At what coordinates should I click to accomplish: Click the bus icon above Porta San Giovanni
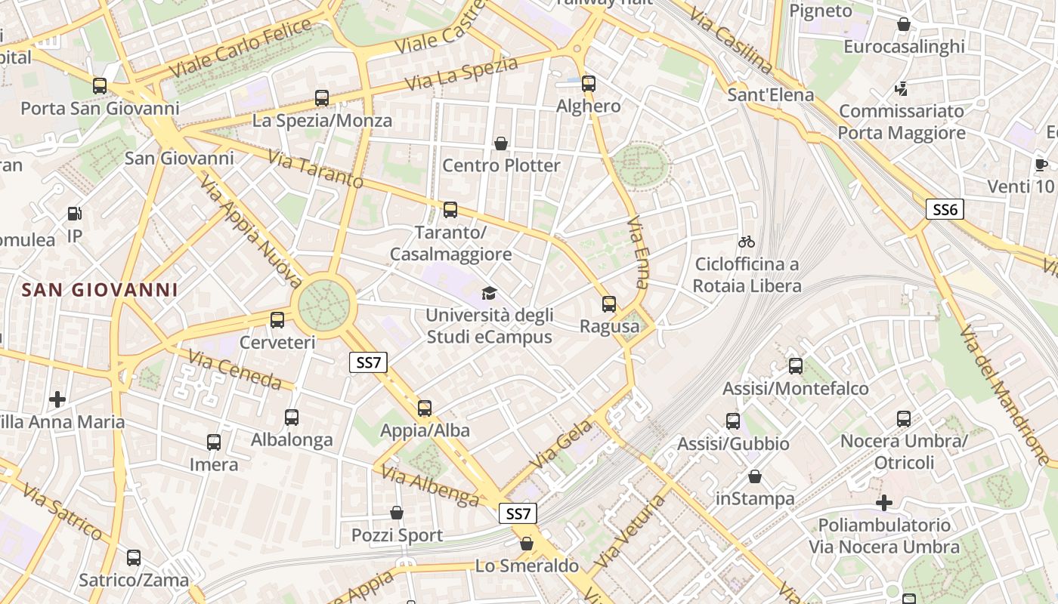100,86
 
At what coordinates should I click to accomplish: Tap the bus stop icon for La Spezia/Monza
322,98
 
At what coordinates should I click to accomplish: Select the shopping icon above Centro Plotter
500,143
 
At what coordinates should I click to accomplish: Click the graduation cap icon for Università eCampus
490,293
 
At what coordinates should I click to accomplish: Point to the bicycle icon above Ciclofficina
747,242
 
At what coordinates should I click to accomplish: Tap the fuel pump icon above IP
74,214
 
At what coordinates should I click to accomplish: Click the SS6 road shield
945,210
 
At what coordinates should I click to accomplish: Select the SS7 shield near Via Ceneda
369,362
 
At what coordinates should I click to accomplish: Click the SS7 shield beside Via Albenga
518,514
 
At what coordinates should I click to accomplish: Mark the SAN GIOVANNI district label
100,290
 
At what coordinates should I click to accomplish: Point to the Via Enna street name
639,254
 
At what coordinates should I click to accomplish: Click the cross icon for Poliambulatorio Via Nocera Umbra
884,503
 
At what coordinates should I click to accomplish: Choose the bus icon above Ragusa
609,304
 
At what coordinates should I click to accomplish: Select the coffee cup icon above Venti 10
1041,165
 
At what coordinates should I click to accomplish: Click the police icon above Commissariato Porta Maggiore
900,89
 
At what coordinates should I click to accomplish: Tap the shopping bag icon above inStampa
754,476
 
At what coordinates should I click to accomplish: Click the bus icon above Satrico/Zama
134,558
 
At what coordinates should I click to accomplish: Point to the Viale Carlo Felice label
241,48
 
